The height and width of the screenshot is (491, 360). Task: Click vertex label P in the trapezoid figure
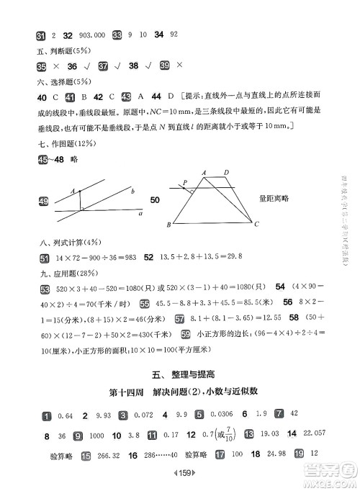(184, 182)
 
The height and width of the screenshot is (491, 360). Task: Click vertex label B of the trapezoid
(168, 225)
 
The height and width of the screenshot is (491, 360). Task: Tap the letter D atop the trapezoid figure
(226, 172)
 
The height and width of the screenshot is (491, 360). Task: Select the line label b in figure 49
(132, 191)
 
